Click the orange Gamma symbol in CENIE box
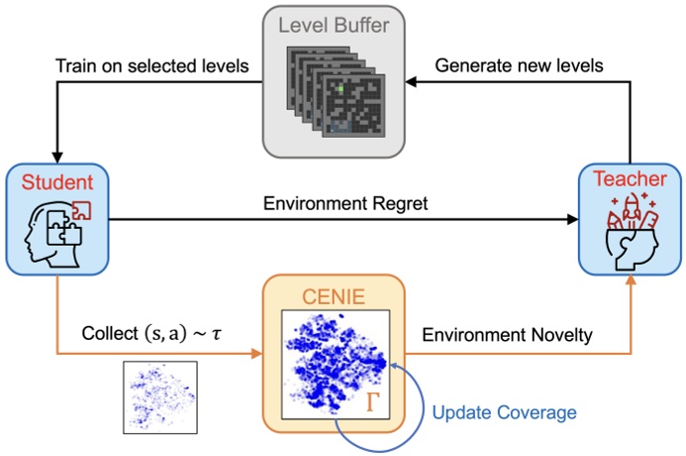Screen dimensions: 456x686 coord(375,400)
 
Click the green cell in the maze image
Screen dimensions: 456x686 coord(337,89)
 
